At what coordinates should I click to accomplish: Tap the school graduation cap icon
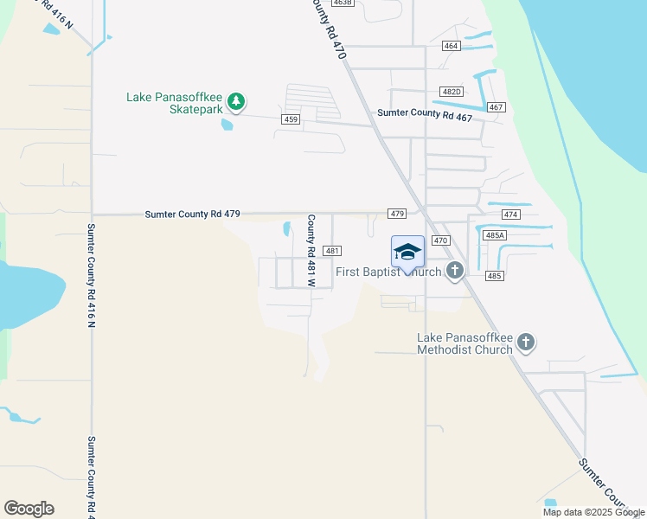[407, 252]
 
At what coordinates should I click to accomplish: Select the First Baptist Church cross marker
[455, 272]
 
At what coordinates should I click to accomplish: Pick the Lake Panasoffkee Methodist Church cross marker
[525, 343]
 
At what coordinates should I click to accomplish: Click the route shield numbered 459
[290, 119]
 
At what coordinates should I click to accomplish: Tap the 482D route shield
[451, 92]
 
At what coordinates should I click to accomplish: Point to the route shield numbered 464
[451, 45]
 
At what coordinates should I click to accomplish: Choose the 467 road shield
[496, 107]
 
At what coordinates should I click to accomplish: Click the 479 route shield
[397, 214]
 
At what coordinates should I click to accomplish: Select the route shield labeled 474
[509, 214]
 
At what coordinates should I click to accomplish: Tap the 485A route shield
[495, 235]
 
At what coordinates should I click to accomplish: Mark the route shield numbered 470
[440, 240]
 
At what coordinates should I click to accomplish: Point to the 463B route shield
[342, 3]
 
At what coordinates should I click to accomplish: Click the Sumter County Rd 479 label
[192, 214]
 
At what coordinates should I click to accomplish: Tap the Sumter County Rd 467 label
[425, 115]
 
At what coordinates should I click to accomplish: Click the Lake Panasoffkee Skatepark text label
[176, 97]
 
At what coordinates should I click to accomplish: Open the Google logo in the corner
[29, 509]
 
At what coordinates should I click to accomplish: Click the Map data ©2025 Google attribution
[593, 512]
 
